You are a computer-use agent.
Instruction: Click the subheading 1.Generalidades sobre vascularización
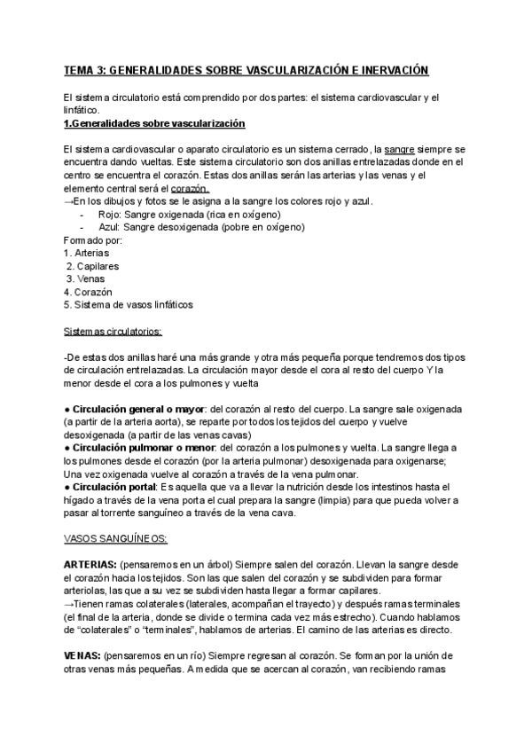tap(155, 122)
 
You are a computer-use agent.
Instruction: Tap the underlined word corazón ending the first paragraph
tap(190, 189)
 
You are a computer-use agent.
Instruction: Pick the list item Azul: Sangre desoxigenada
tap(201, 227)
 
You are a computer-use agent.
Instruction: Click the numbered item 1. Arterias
tap(87, 253)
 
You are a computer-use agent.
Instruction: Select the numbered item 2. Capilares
tap(92, 266)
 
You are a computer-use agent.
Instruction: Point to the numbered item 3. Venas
tap(87, 278)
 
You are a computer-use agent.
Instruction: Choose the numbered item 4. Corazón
tap(89, 291)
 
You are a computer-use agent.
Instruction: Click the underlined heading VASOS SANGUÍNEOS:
tap(115, 538)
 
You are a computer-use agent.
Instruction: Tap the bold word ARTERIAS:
tap(90, 564)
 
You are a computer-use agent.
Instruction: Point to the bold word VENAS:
tap(82, 654)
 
